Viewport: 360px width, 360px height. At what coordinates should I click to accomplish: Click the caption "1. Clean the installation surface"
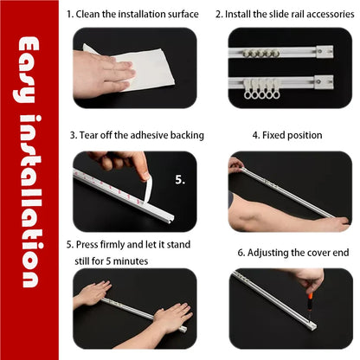coord(132,15)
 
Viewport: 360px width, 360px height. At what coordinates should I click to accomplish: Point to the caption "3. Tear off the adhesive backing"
coord(137,135)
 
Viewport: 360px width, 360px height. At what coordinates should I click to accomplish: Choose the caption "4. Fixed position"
coord(286,135)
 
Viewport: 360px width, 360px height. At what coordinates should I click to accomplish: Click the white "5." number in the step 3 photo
coord(180,181)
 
